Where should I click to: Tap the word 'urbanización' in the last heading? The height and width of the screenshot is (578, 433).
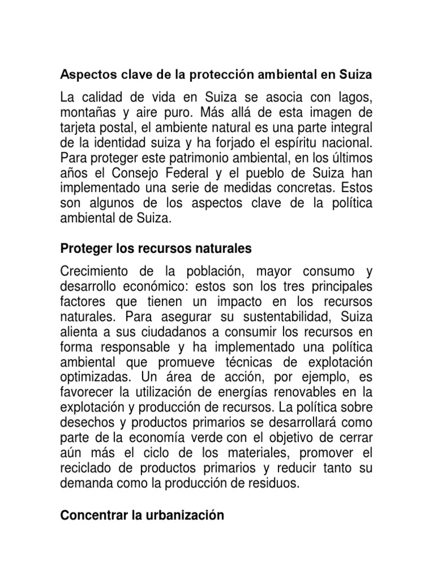(185, 515)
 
